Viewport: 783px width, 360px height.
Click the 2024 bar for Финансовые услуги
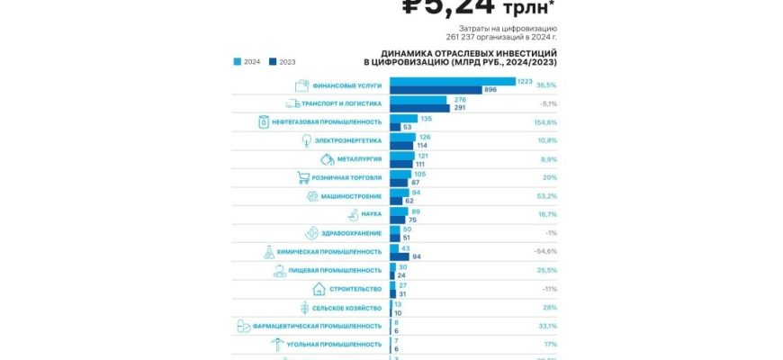452,82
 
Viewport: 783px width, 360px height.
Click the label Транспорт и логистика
346,104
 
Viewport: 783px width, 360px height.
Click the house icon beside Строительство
319,289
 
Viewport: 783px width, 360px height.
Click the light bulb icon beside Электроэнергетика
307,140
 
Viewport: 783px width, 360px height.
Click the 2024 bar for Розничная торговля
400,174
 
